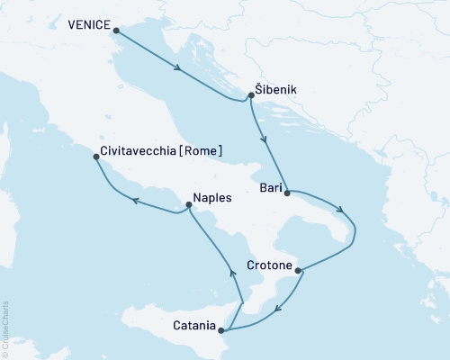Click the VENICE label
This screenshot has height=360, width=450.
click(86, 27)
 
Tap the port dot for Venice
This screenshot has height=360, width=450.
click(115, 29)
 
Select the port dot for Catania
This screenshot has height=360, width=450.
click(221, 330)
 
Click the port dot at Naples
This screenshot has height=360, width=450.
click(188, 205)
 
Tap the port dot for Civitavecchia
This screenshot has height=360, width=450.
click(96, 157)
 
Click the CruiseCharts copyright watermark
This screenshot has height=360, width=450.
click(5, 328)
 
